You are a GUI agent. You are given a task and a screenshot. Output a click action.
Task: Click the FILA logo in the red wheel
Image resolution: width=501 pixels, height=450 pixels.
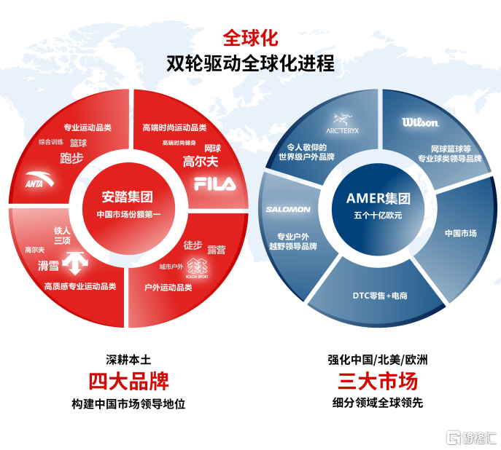click(215, 184)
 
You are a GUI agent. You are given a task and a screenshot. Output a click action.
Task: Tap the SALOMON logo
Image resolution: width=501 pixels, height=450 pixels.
click(288, 210)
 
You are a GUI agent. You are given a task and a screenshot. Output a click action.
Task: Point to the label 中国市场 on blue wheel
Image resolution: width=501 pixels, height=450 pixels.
click(461, 233)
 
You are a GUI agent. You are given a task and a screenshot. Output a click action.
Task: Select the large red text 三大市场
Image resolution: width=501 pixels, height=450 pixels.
click(377, 381)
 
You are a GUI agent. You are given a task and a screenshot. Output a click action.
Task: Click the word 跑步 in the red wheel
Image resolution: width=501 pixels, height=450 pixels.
click(72, 157)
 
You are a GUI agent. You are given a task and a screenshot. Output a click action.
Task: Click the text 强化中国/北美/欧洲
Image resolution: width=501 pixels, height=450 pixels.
click(377, 360)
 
